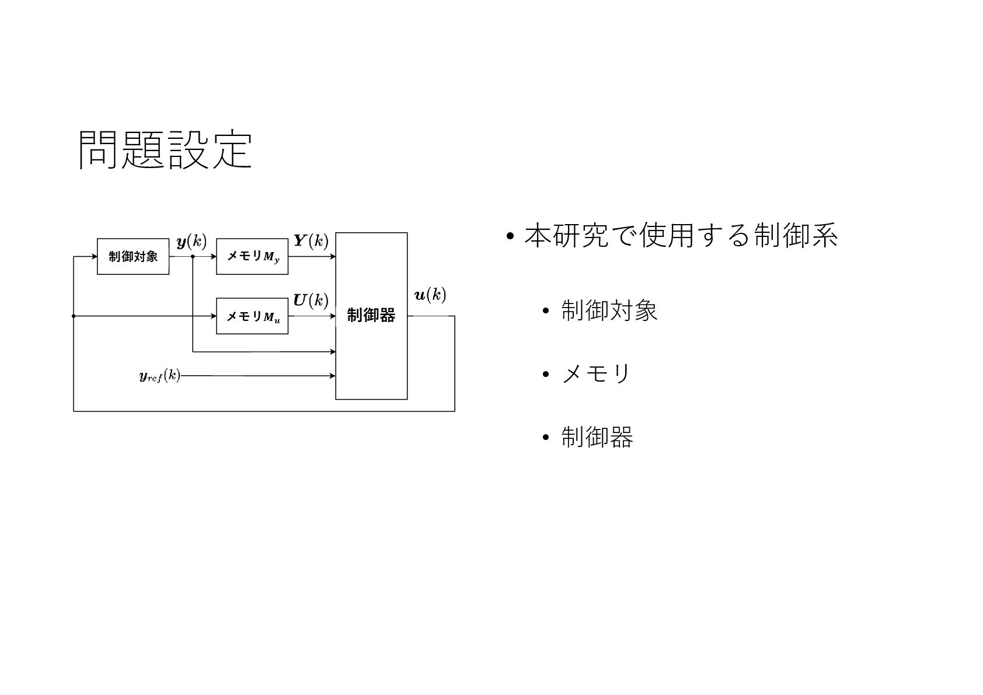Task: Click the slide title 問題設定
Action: [x=165, y=149]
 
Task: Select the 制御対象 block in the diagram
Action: [x=133, y=256]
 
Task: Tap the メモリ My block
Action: [x=252, y=256]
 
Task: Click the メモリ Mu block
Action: [x=252, y=316]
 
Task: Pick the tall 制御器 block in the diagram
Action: [x=371, y=316]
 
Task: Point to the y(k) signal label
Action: [x=191, y=241]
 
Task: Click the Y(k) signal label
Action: [x=311, y=240]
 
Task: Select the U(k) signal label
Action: [x=311, y=300]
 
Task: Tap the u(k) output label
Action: [x=430, y=295]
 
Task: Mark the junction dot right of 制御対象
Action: [x=193, y=256]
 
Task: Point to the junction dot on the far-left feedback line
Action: [x=74, y=316]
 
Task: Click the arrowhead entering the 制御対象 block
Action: [x=94, y=256]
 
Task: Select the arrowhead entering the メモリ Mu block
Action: [x=214, y=316]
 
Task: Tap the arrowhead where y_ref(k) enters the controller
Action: [x=333, y=376]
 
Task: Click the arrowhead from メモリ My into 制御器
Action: [x=333, y=256]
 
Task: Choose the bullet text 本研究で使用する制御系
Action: [x=681, y=236]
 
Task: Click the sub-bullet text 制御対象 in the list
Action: [x=609, y=310]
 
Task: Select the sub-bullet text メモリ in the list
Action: [x=596, y=373]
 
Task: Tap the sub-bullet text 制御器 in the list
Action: [x=597, y=436]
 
